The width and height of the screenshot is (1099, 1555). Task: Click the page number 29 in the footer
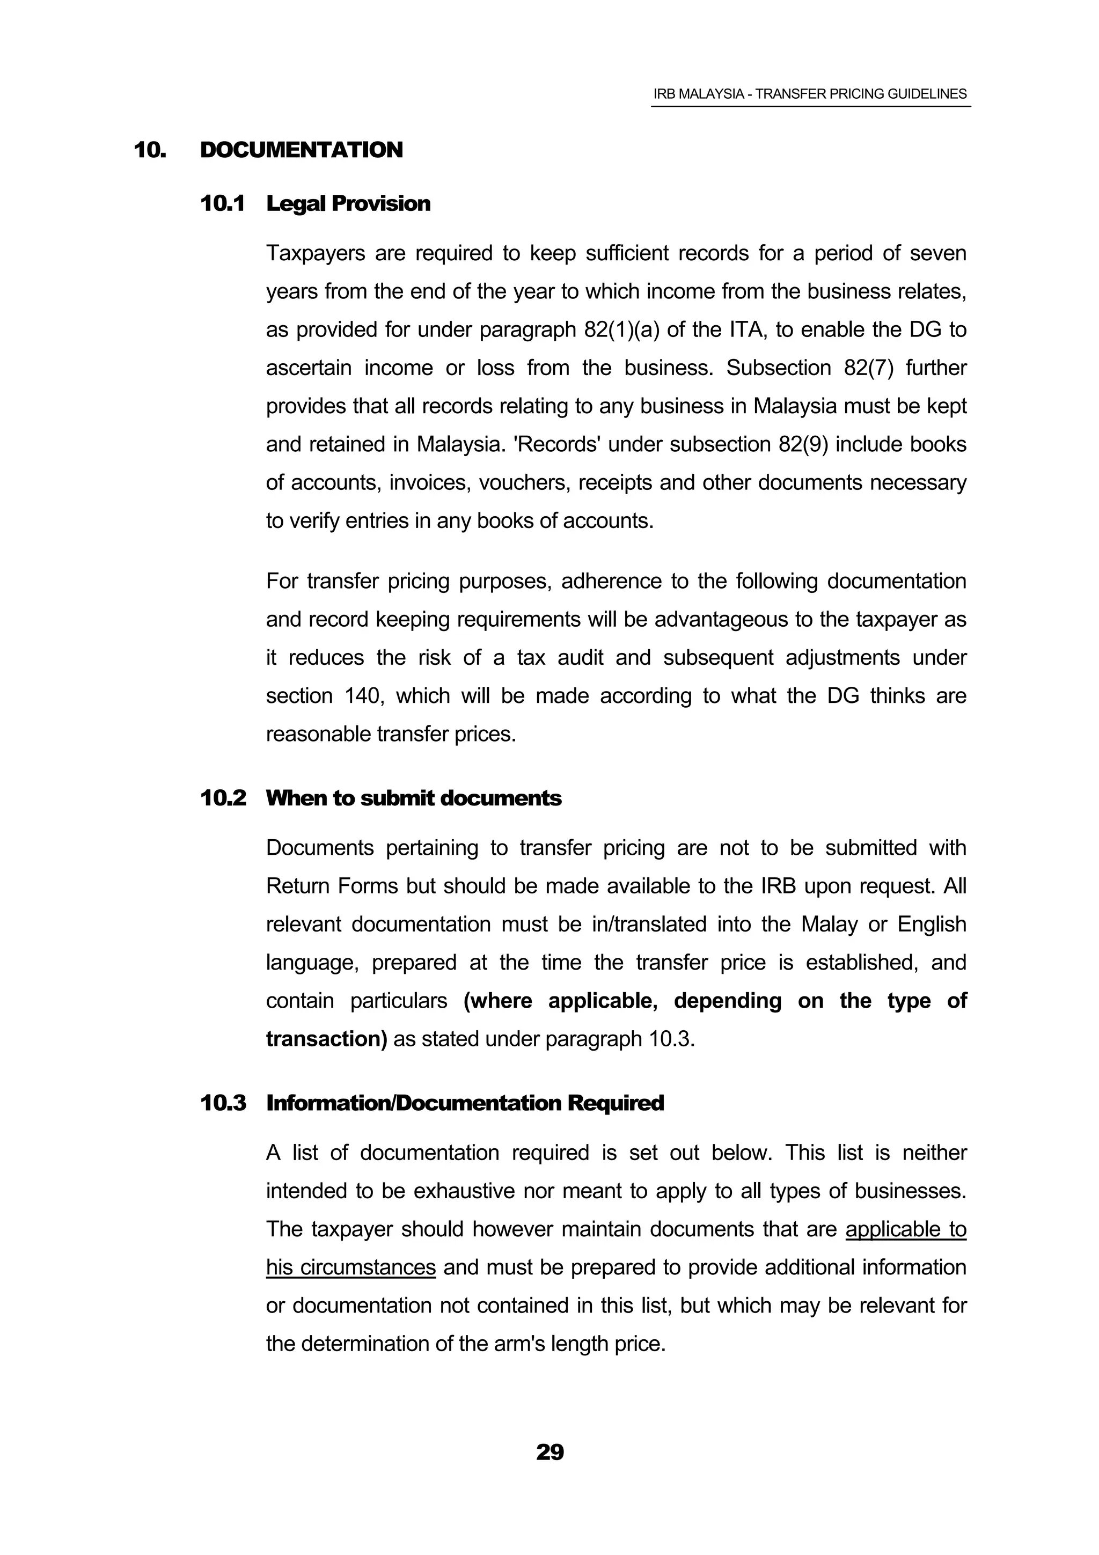(549, 1451)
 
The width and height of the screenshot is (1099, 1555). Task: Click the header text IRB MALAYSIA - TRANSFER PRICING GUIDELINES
(810, 94)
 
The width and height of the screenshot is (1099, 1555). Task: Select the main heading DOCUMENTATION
(302, 150)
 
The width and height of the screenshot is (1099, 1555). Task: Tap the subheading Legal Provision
(348, 203)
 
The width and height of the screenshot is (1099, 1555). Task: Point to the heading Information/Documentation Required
(465, 1103)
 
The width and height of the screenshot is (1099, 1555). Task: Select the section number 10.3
(223, 1103)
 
